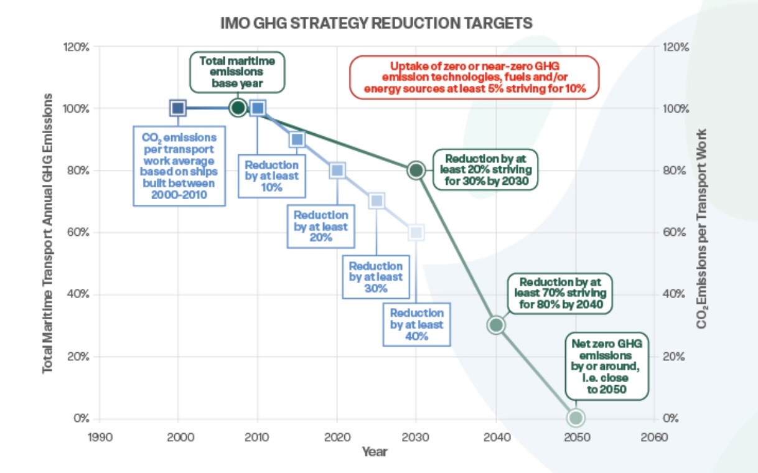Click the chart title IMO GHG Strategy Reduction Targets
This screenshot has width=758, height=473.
pos(377,23)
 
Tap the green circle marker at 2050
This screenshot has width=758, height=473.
pos(575,418)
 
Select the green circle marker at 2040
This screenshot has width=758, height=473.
pos(496,325)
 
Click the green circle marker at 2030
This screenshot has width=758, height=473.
pos(416,170)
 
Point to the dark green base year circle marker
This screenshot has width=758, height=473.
pos(237,108)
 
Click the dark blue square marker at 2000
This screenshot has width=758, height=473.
pos(178,108)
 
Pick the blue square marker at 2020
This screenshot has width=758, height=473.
pos(337,170)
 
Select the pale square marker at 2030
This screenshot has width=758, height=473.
pos(416,232)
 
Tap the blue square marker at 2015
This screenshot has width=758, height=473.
pos(297,139)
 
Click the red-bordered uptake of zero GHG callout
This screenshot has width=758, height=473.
pos(474,77)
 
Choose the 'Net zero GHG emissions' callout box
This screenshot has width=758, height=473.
pos(606,365)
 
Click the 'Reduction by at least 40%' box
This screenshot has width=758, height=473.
pos(417,324)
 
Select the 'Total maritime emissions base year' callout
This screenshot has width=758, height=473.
pos(236,72)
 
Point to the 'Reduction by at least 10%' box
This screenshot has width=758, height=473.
pos(271,176)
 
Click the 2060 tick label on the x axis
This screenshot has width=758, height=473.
pos(653,437)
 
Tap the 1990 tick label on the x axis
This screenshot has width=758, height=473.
pos(100,437)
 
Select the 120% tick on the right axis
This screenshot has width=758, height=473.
pos(675,47)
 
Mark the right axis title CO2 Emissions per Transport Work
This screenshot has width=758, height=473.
pos(702,229)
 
